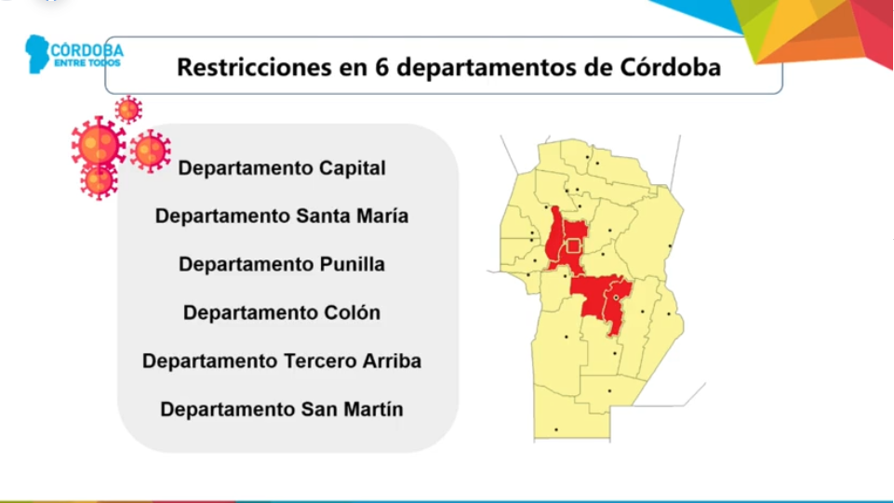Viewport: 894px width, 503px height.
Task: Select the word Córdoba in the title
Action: [671, 68]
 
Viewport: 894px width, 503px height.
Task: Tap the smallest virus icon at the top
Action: [128, 110]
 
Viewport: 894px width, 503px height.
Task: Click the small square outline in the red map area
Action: [574, 245]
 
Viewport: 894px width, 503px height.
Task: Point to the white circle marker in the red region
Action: [616, 298]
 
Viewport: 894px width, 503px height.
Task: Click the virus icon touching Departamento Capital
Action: [150, 151]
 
